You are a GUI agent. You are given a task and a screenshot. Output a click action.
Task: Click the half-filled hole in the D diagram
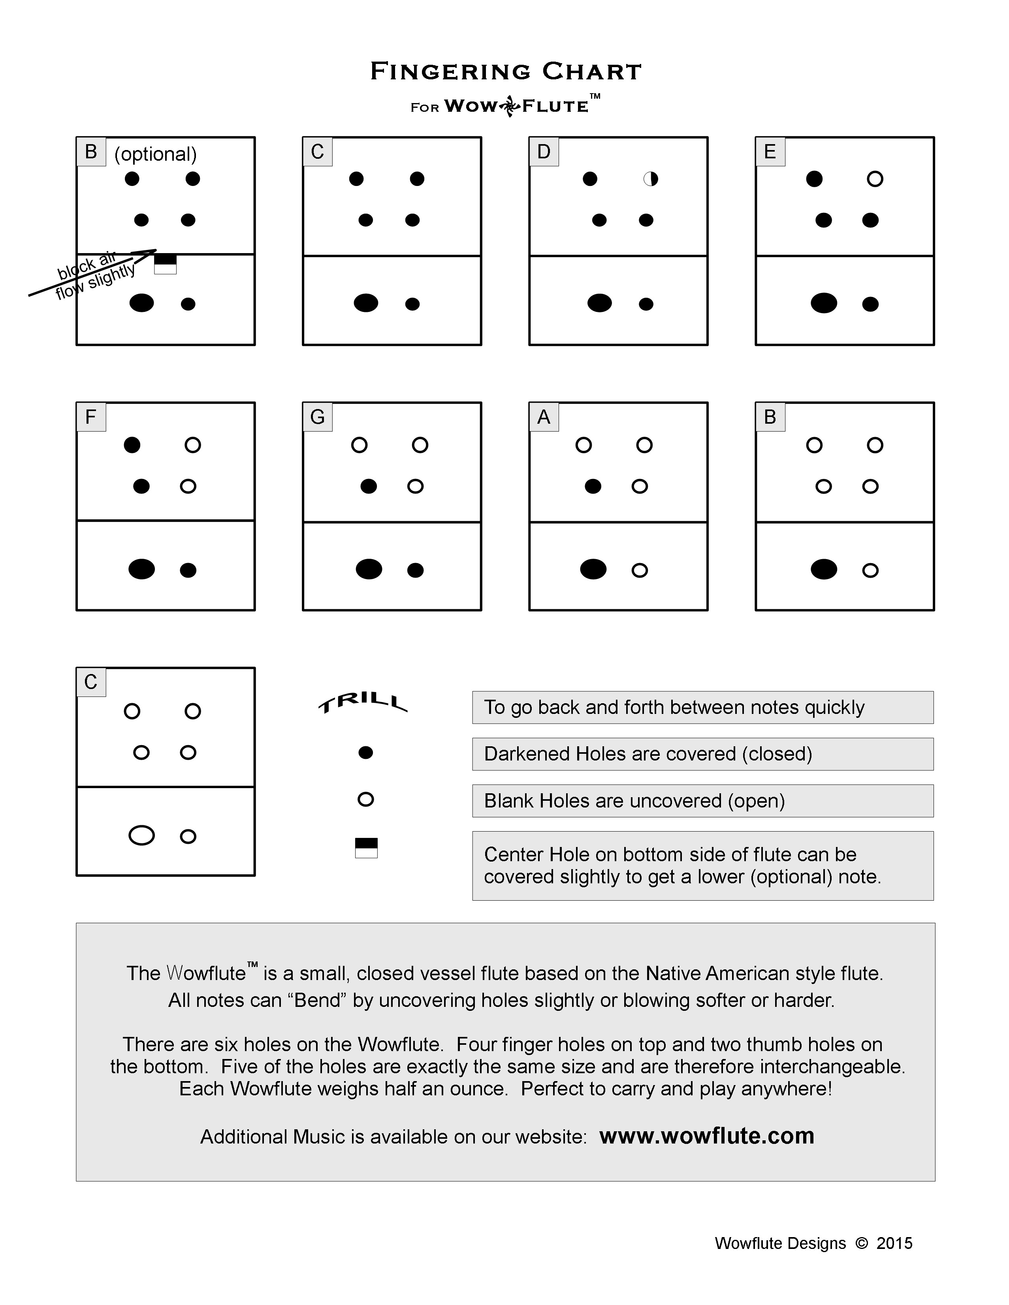650,178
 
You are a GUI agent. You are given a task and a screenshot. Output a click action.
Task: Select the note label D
543,152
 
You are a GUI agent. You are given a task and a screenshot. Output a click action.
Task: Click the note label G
317,417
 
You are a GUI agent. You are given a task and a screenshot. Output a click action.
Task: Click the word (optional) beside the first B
155,154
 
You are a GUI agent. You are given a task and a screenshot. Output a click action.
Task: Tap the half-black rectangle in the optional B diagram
166,263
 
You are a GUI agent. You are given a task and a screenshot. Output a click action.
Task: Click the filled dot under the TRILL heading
366,753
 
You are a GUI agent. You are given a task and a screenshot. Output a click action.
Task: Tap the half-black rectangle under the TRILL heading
366,848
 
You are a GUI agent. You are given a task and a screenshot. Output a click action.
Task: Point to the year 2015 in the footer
894,1243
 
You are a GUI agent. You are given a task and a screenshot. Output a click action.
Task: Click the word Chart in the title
592,72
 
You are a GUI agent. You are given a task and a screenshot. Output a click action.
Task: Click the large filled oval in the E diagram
824,303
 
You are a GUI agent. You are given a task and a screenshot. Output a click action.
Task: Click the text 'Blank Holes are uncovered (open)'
634,801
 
